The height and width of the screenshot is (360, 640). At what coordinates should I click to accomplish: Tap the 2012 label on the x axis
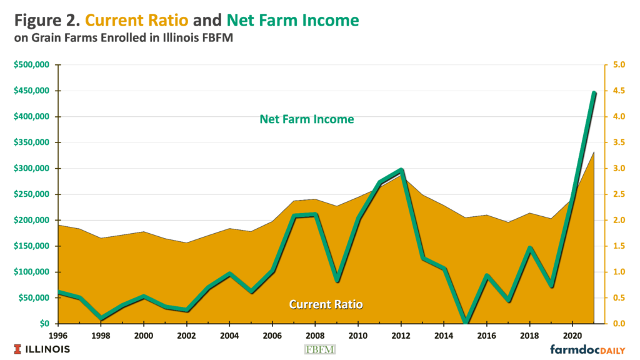tap(401, 334)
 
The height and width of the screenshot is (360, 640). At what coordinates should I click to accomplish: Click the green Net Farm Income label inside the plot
tap(306, 119)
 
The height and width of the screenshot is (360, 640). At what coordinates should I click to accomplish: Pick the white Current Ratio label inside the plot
tap(326, 304)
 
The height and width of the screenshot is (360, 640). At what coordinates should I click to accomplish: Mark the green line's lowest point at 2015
tap(465, 322)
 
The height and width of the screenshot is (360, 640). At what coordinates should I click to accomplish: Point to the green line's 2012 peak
tap(401, 170)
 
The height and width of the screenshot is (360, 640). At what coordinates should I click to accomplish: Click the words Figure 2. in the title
tap(44, 20)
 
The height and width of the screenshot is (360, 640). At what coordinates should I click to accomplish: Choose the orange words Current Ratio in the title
tap(136, 20)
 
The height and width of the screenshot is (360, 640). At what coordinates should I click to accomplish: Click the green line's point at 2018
tap(529, 248)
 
